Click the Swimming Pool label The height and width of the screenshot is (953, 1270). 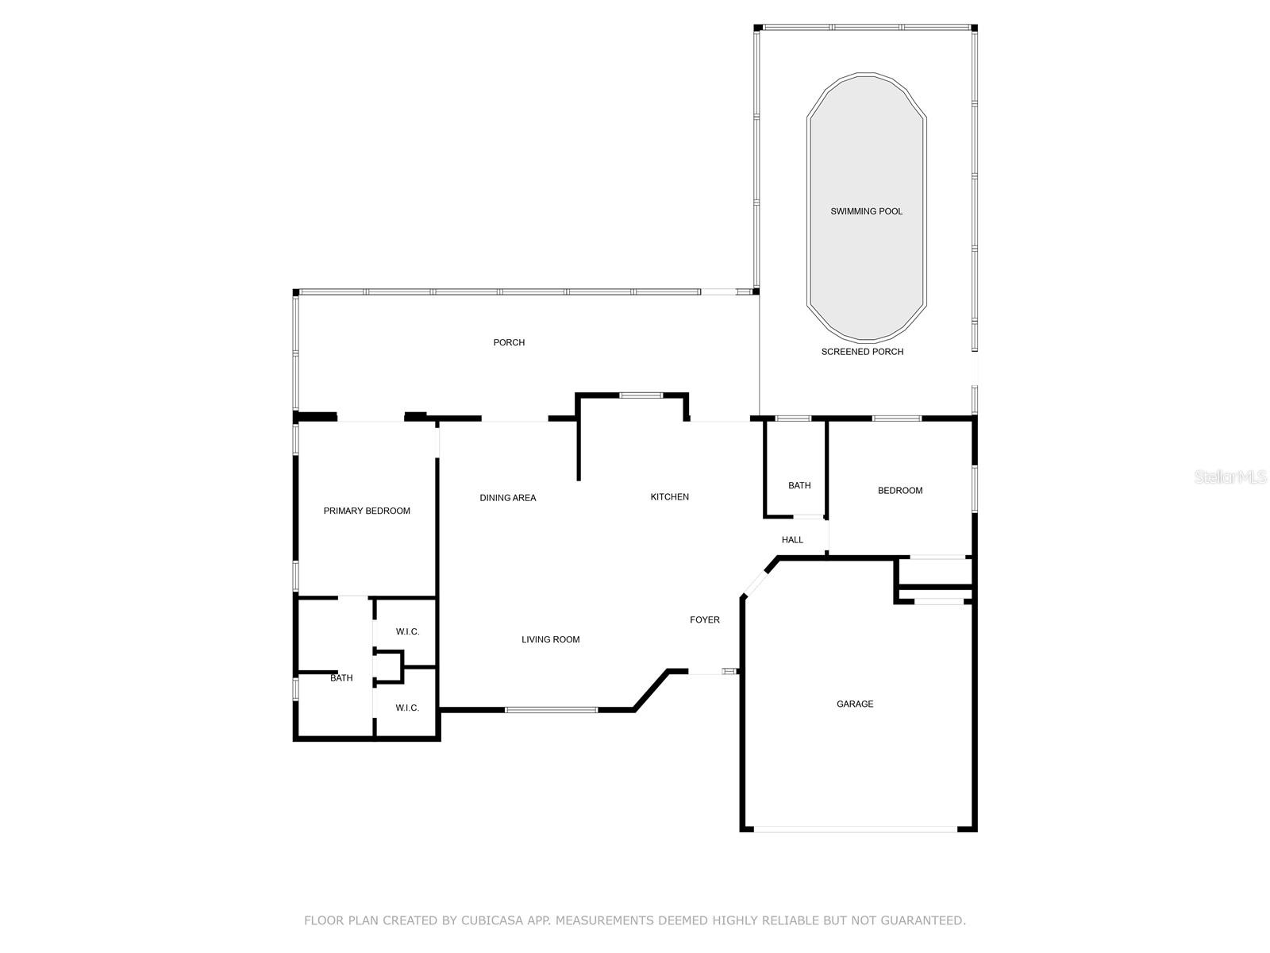[x=866, y=211]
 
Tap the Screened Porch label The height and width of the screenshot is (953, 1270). [x=862, y=352]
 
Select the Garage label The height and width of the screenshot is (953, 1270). [x=855, y=704]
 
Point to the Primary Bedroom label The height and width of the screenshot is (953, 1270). [x=367, y=511]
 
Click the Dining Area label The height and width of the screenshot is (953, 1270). [x=508, y=498]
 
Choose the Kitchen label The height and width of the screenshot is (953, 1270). [x=670, y=497]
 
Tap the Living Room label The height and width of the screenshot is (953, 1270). [x=550, y=640]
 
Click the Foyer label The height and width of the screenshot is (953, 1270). [x=705, y=620]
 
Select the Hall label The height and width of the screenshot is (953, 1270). [x=792, y=540]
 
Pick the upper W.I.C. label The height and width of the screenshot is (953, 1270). [x=407, y=632]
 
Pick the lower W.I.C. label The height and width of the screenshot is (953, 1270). [x=407, y=708]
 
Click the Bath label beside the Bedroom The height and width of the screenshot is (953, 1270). [x=799, y=486]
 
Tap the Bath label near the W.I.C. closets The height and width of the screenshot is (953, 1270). [x=341, y=678]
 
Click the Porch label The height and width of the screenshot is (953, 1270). [x=509, y=343]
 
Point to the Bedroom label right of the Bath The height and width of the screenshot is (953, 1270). [x=900, y=491]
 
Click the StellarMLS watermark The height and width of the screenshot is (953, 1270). [x=1231, y=477]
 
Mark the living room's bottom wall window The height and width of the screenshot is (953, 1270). [x=551, y=709]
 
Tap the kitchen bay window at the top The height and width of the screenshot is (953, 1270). [x=641, y=395]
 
